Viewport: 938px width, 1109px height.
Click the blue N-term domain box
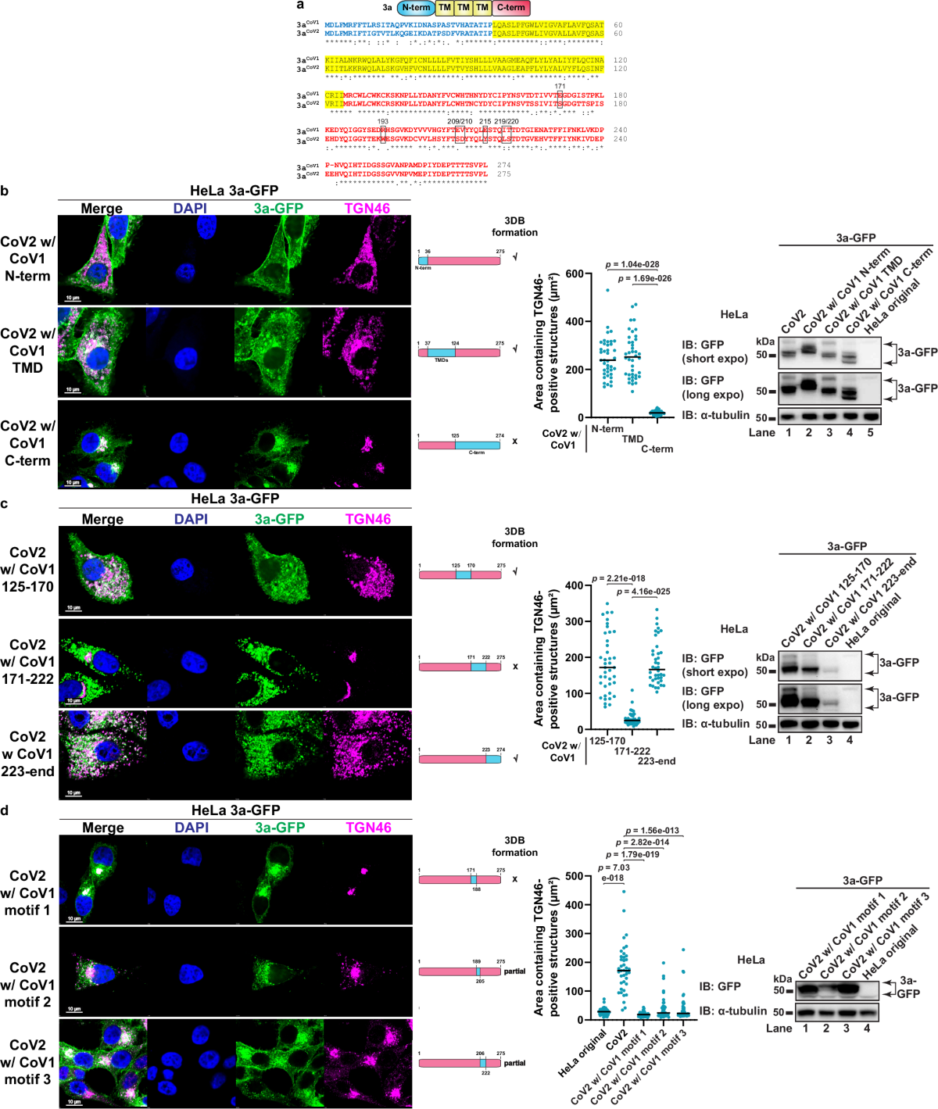click(416, 8)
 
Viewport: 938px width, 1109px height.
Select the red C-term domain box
click(511, 8)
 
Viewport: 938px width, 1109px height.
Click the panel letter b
click(5, 191)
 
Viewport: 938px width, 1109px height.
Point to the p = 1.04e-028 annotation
click(632, 264)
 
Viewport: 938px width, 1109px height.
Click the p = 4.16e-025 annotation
click(643, 592)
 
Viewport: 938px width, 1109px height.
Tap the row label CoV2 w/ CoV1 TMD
click(27, 350)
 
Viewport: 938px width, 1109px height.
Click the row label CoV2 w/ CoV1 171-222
click(27, 661)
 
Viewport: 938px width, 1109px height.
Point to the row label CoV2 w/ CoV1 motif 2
click(27, 984)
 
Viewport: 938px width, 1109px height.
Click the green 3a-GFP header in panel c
click(279, 519)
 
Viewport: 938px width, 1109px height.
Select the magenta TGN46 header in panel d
click(368, 828)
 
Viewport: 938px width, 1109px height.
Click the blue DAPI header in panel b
click(190, 209)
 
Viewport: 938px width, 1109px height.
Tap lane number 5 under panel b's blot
click(870, 432)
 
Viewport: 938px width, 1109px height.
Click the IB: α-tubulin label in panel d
click(733, 1011)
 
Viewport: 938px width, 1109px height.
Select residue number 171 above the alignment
click(560, 87)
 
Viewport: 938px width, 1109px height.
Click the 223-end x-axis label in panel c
click(657, 761)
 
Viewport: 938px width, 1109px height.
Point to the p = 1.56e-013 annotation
click(652, 831)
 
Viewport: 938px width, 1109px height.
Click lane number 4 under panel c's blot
click(849, 739)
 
